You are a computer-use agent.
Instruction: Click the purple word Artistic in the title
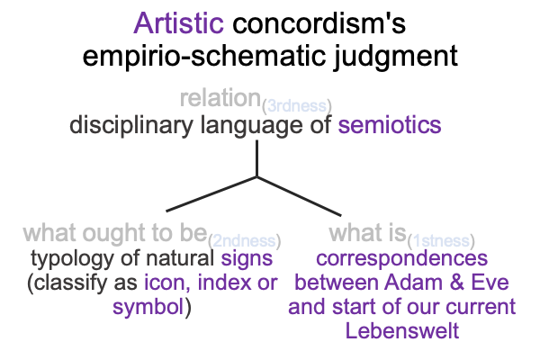click(179, 23)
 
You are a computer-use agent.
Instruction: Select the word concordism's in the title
click(319, 23)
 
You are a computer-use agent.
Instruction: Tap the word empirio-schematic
click(204, 56)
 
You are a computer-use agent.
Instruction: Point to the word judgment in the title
click(396, 56)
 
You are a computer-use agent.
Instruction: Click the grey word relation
click(220, 98)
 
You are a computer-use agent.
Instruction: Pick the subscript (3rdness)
click(297, 106)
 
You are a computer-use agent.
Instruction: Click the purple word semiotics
click(390, 125)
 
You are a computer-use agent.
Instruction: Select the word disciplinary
click(131, 126)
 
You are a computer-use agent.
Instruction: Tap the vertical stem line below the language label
click(256, 158)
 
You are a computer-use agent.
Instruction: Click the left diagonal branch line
click(211, 194)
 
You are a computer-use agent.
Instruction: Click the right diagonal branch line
click(300, 196)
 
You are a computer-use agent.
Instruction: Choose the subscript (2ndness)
click(245, 241)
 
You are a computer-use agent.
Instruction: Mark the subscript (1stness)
click(441, 241)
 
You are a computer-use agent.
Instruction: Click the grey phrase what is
click(368, 232)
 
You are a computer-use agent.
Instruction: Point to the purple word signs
click(247, 259)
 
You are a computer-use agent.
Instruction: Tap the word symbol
click(148, 307)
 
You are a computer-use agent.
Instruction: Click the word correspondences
click(402, 259)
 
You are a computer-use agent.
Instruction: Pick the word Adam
click(413, 282)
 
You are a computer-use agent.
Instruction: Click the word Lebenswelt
click(402, 330)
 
